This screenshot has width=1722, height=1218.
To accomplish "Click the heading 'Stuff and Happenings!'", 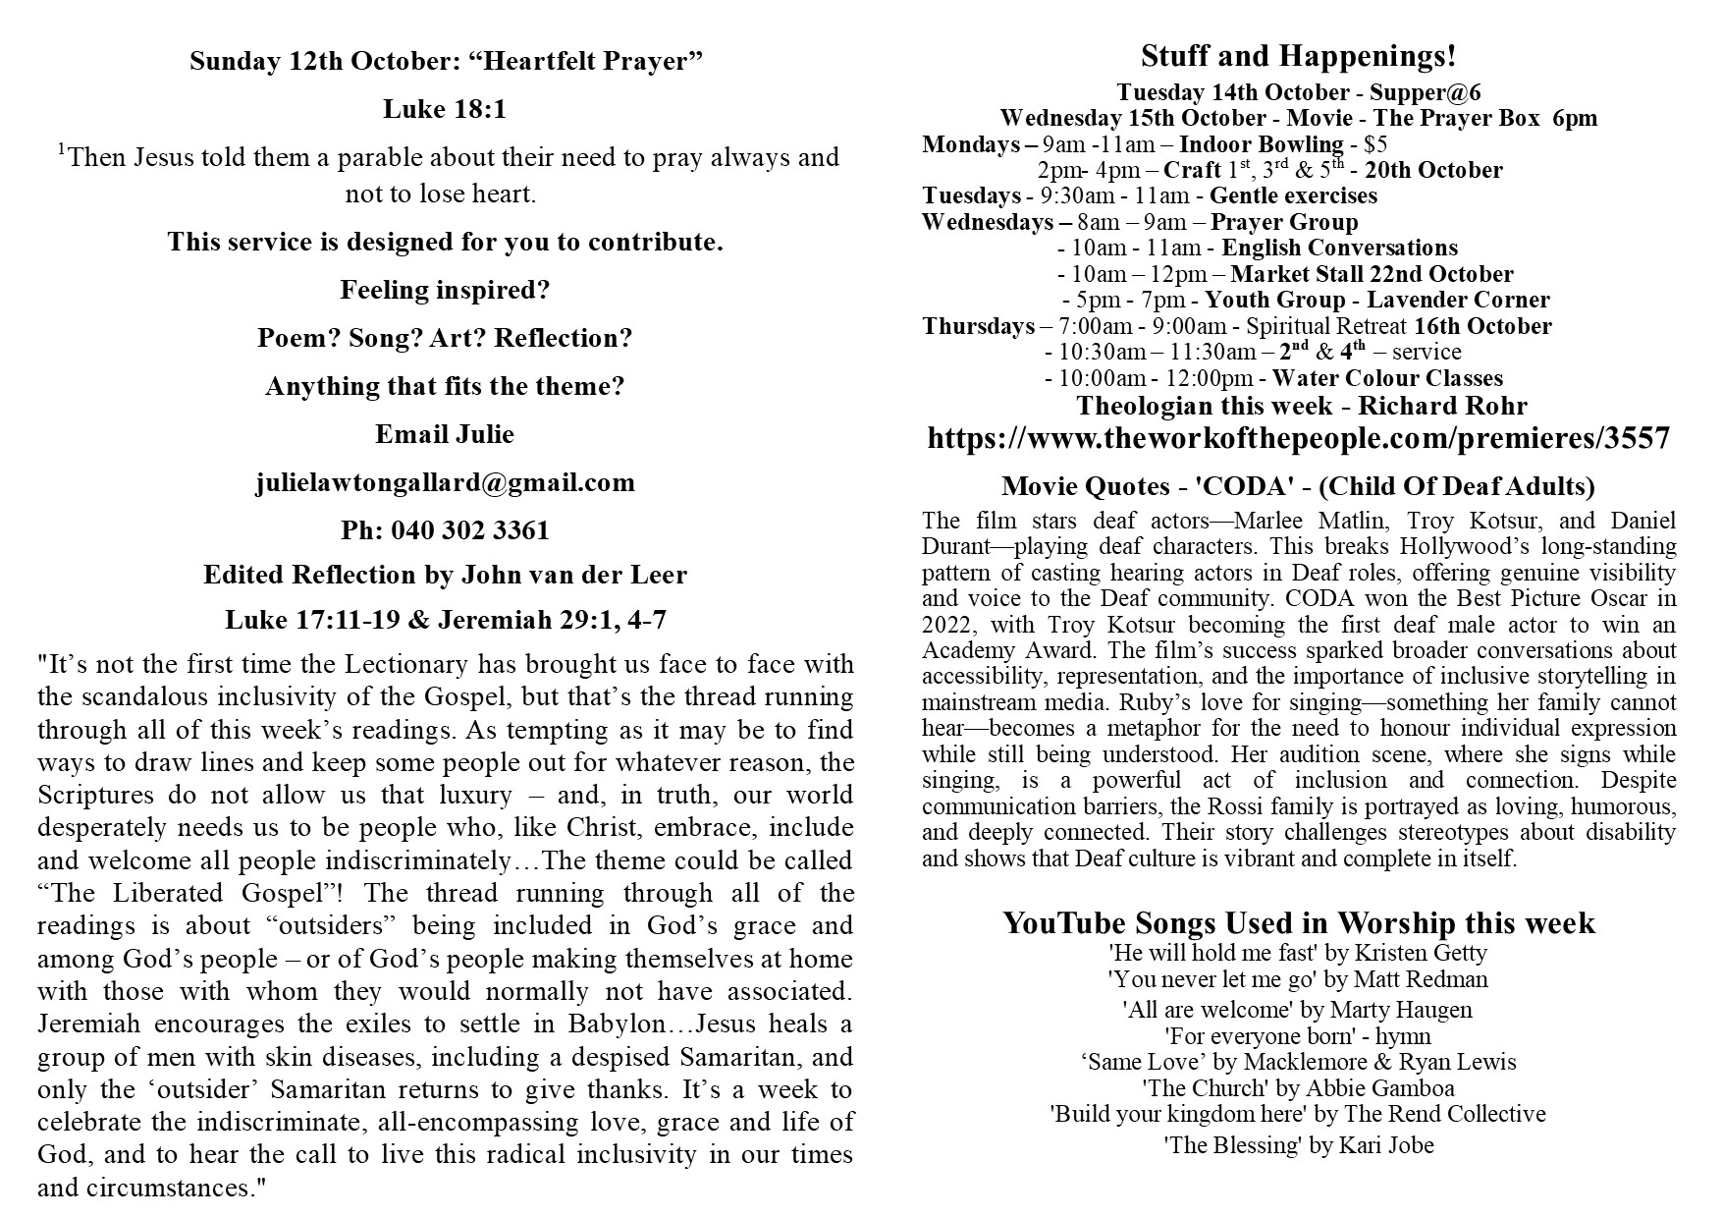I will pyautogui.click(x=1298, y=57).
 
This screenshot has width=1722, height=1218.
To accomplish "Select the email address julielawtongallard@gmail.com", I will pyautogui.click(x=445, y=482).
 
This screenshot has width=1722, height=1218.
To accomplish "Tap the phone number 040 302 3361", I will pyautogui.click(x=470, y=530).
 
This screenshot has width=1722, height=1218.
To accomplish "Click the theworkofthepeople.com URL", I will pyautogui.click(x=1298, y=438).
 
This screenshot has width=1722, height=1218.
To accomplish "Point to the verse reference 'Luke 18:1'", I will pyautogui.click(x=445, y=109).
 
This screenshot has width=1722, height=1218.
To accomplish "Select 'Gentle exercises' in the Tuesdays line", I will pyautogui.click(x=1293, y=195).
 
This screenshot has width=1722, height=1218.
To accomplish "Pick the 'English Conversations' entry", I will pyautogui.click(x=1339, y=248).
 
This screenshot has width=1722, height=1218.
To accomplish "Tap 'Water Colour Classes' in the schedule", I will pyautogui.click(x=1387, y=378).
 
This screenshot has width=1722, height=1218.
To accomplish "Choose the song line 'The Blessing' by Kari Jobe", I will pyautogui.click(x=1298, y=1145).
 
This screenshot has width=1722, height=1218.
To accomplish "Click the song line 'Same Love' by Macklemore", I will pyautogui.click(x=1298, y=1062).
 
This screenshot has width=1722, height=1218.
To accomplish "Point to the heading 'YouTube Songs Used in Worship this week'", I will pyautogui.click(x=1298, y=923).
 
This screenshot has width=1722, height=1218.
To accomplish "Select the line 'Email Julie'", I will pyautogui.click(x=445, y=434).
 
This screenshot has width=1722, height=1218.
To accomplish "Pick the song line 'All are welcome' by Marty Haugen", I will pyautogui.click(x=1298, y=1009).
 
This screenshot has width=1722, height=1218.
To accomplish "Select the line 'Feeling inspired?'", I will pyautogui.click(x=445, y=291).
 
